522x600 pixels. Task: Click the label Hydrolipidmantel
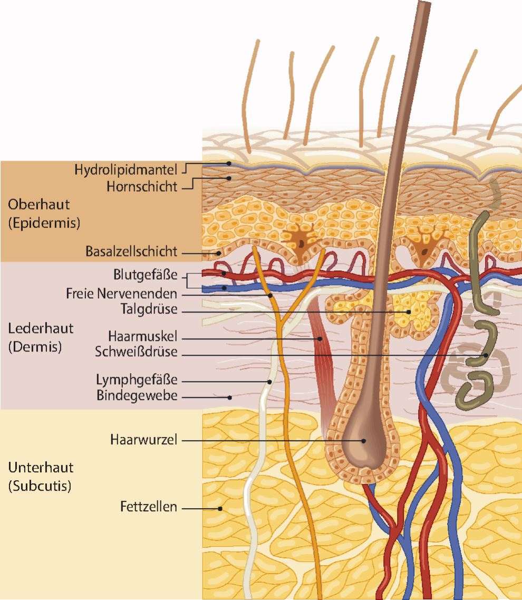pos(128,170)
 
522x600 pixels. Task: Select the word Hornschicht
pos(142,186)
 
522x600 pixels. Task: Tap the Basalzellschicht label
pos(132,252)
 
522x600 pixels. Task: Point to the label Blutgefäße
pos(145,275)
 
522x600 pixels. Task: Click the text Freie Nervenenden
pos(122,292)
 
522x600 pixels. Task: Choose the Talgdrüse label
pos(149,309)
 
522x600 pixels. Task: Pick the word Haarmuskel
pos(142,336)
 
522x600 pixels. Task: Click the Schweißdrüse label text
pos(136,352)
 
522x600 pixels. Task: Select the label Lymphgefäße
pos(137,379)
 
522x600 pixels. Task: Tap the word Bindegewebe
pos(137,395)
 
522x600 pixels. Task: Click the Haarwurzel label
pos(144,439)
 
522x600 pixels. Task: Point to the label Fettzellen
pos(149,508)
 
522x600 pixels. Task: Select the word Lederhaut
pos(33,328)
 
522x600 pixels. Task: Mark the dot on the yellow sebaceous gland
pos(409,311)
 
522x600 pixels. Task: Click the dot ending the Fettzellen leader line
pos(220,509)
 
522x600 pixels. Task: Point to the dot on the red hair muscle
pos(320,338)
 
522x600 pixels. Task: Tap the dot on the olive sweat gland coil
pos(486,355)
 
